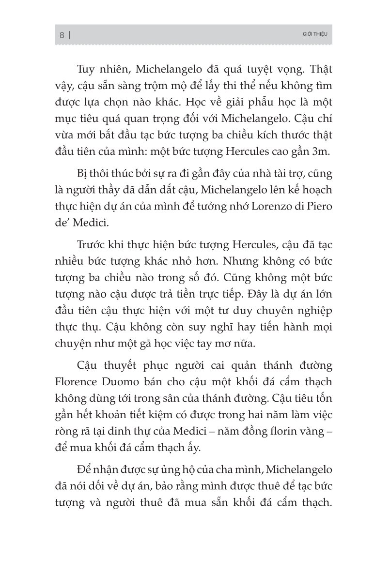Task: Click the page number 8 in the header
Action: tap(62, 35)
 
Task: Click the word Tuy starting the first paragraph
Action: tap(88, 70)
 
